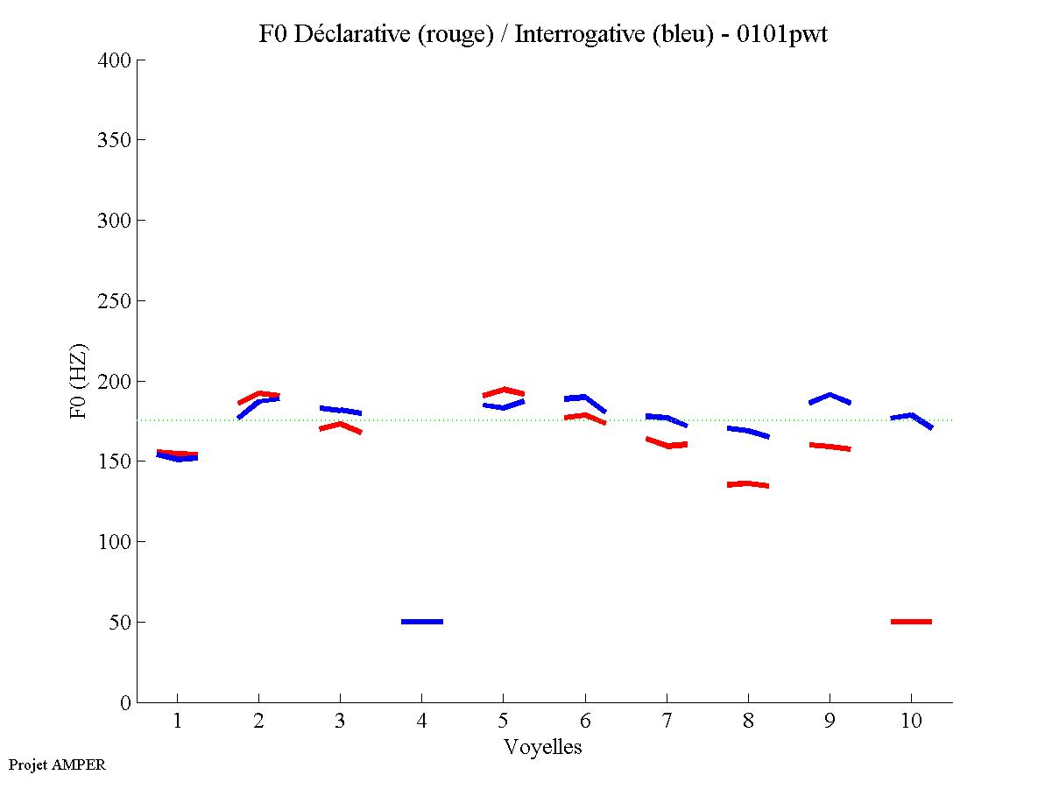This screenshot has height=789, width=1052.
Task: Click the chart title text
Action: point(542,34)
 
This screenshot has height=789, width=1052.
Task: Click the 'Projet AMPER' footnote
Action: point(57,764)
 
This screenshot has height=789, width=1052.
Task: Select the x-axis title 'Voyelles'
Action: point(542,747)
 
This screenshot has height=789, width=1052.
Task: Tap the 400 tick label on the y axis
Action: point(115,60)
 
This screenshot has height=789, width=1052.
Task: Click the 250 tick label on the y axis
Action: point(115,301)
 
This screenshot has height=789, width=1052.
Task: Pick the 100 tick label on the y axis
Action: point(115,542)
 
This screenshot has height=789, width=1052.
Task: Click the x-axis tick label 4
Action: point(421,721)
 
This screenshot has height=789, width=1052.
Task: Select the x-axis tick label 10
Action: point(911,721)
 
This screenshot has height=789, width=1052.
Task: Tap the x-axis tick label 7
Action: point(667,721)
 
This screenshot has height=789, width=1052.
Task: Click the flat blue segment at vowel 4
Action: point(422,622)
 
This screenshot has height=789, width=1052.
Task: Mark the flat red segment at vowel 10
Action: point(911,622)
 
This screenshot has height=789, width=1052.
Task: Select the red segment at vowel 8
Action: point(747,483)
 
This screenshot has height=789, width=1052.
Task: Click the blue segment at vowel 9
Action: point(830,397)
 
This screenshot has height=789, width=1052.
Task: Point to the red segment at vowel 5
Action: point(504,391)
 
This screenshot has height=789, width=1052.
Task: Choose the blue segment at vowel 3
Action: point(340,410)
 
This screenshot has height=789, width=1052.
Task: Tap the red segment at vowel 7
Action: point(667,444)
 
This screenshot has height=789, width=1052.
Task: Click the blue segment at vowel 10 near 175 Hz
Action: point(911,416)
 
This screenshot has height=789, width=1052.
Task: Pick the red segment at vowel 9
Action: point(829,447)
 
